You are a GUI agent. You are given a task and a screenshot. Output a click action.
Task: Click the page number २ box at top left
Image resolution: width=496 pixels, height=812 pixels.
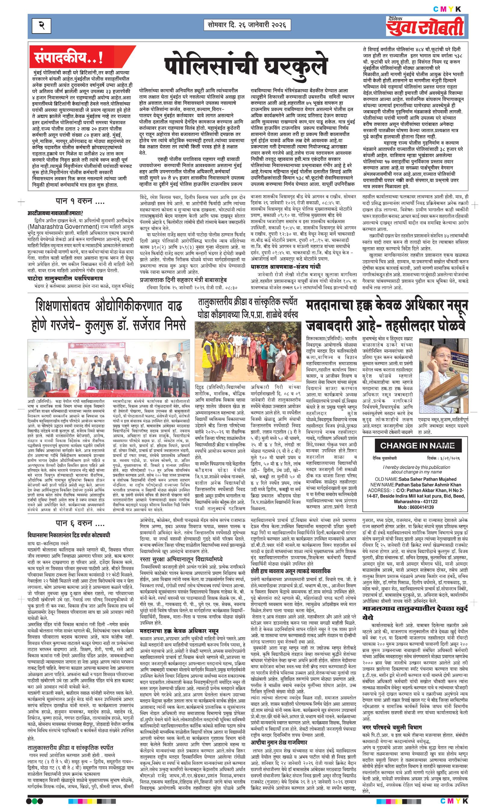41,26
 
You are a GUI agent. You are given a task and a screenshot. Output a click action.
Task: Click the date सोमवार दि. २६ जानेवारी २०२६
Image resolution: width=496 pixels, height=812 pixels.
247,25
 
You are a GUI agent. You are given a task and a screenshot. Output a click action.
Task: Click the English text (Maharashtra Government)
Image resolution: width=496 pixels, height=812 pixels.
63,226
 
